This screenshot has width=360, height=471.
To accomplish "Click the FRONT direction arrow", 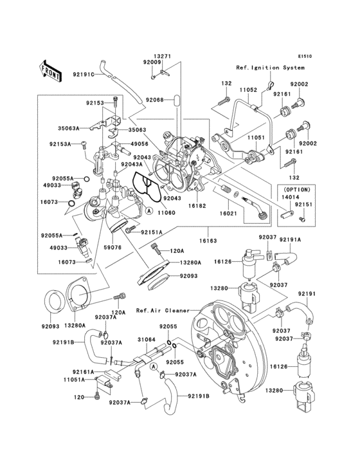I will tap(51, 69).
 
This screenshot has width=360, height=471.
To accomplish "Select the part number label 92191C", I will tap(83, 75).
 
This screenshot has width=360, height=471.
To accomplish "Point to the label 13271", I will tap(162, 56).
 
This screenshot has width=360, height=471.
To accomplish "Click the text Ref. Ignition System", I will tap(269, 68).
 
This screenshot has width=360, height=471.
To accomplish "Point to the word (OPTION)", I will tap(296, 190).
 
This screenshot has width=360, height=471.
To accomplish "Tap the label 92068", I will tap(154, 100).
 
